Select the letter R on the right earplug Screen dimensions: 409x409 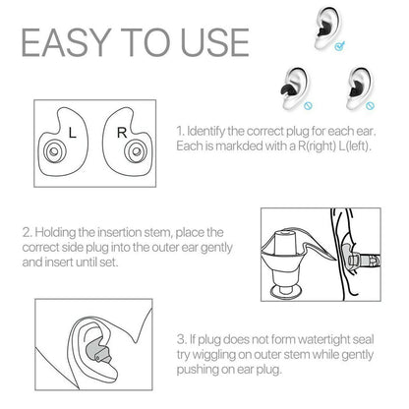pos(121,130)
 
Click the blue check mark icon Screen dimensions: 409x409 pos(339,44)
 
